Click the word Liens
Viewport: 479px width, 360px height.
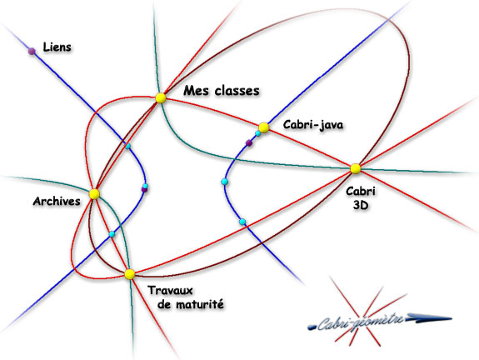(x=57, y=47)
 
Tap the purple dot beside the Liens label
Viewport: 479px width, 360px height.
(x=32, y=51)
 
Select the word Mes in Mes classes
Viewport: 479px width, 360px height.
(x=196, y=91)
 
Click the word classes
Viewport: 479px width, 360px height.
(x=237, y=91)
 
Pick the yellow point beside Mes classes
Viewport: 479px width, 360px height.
(x=161, y=98)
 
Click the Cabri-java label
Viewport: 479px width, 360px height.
(x=313, y=125)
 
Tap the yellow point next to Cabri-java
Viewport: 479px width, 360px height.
(x=263, y=127)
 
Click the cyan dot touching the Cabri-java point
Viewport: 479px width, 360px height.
(x=258, y=133)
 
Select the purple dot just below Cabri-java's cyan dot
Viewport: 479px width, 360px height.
(x=249, y=142)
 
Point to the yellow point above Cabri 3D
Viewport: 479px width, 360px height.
(x=355, y=168)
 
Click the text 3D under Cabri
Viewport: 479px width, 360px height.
(x=361, y=205)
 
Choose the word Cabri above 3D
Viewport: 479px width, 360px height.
(x=361, y=192)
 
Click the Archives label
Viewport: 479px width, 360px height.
(x=57, y=201)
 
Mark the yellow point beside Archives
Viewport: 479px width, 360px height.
(x=94, y=194)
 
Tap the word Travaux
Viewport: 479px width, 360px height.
(x=171, y=290)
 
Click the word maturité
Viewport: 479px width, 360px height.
(x=200, y=304)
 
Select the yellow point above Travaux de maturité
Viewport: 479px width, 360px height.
(x=129, y=274)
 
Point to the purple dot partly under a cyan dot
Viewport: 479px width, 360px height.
(x=144, y=190)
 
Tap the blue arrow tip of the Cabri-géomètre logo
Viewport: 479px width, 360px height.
(x=451, y=318)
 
